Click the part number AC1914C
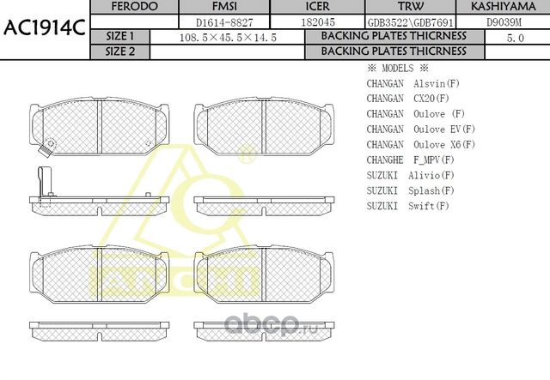coord(44,28)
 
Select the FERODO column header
coord(134,7)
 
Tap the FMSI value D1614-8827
coord(224,23)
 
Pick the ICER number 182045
coord(318,22)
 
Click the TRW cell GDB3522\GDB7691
coord(411,23)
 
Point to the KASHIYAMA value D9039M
coord(504,22)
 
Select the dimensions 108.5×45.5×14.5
coord(228,38)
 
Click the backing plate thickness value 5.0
coord(516,38)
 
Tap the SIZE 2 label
coord(120,51)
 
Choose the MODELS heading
coord(398,69)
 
